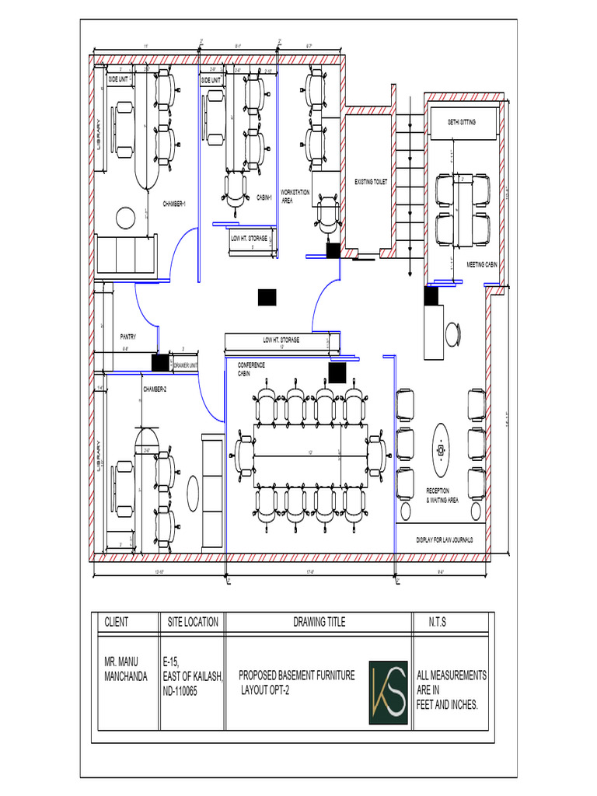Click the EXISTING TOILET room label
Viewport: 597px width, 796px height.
pyautogui.click(x=371, y=182)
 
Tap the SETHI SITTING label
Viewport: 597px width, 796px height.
pyautogui.click(x=462, y=123)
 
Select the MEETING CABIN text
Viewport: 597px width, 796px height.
pyautogui.click(x=481, y=265)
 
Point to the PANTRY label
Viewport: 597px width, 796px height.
pyautogui.click(x=128, y=337)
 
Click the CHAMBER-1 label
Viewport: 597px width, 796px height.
pyautogui.click(x=174, y=204)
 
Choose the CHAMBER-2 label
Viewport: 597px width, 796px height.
pyautogui.click(x=154, y=389)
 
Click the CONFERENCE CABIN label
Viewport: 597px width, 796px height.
pyautogui.click(x=250, y=369)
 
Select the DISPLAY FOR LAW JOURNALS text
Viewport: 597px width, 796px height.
pyautogui.click(x=445, y=539)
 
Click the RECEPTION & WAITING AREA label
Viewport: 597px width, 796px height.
pyautogui.click(x=442, y=495)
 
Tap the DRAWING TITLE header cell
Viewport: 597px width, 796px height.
pyautogui.click(x=319, y=623)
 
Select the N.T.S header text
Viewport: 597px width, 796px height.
pyautogui.click(x=438, y=623)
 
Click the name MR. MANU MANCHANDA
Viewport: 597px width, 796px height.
pyautogui.click(x=126, y=669)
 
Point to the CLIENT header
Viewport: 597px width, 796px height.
pyautogui.click(x=117, y=623)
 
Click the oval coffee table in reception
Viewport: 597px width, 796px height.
pyautogui.click(x=441, y=450)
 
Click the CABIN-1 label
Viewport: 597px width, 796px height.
pyautogui.click(x=264, y=198)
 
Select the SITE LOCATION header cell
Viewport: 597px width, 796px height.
pyautogui.click(x=193, y=623)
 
